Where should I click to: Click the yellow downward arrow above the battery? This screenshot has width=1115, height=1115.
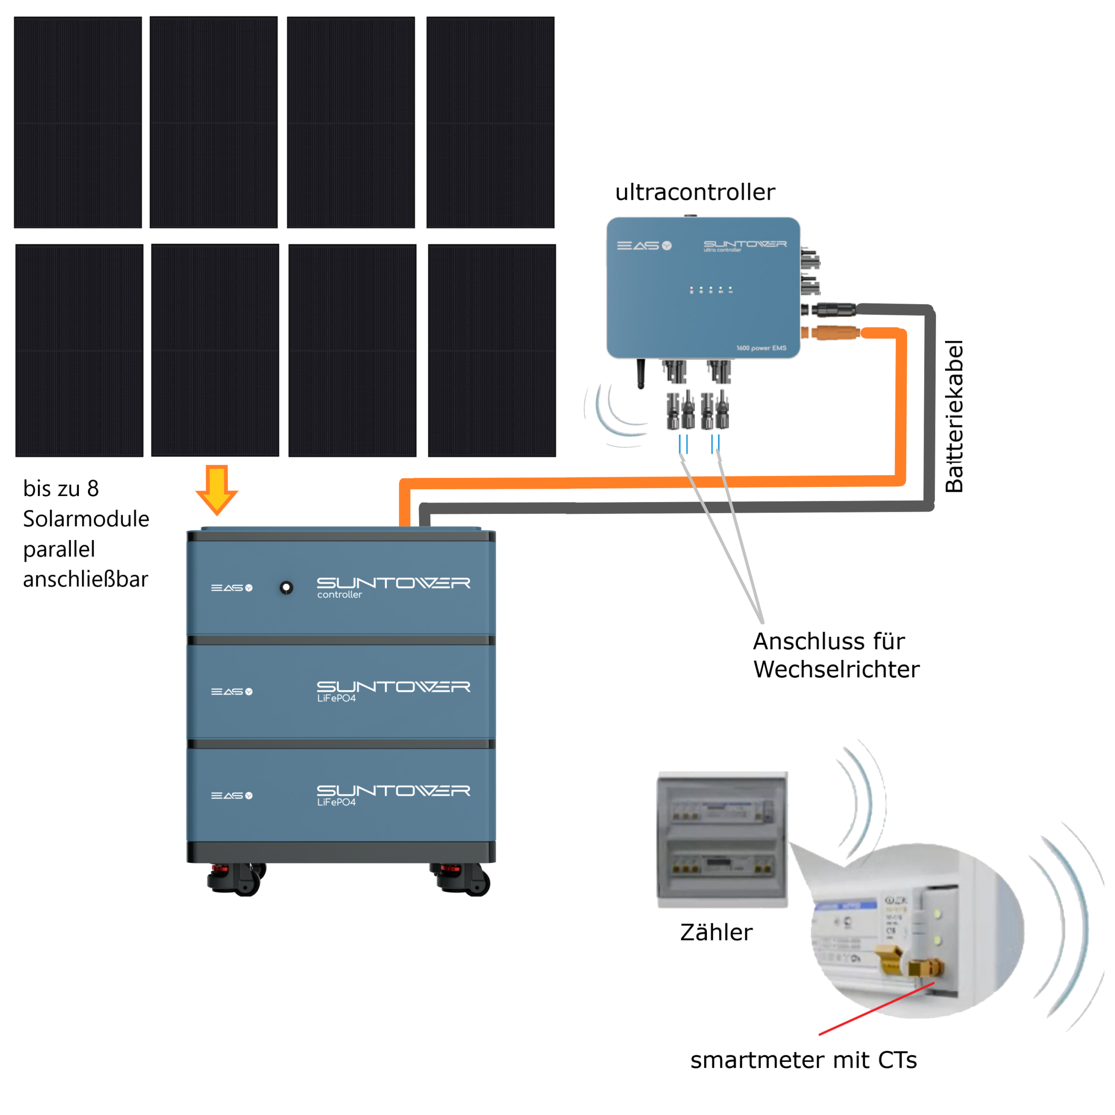216,488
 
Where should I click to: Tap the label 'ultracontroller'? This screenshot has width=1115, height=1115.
695,192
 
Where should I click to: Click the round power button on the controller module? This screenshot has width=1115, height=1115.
286,588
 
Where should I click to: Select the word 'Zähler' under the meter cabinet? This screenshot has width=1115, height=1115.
716,932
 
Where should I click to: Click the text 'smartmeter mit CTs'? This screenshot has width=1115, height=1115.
803,1060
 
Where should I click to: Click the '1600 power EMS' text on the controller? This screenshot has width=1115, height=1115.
761,348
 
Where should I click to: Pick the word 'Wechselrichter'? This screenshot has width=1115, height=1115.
836,669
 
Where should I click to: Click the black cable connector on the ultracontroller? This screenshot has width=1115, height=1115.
834,311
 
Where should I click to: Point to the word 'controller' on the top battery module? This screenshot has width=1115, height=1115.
339,595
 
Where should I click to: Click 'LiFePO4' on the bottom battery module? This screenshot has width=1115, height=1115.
337,802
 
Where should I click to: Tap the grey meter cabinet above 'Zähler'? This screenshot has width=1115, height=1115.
723,839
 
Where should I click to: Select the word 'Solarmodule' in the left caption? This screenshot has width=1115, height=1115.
86,519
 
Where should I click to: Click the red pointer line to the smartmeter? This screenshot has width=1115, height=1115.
876,1008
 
